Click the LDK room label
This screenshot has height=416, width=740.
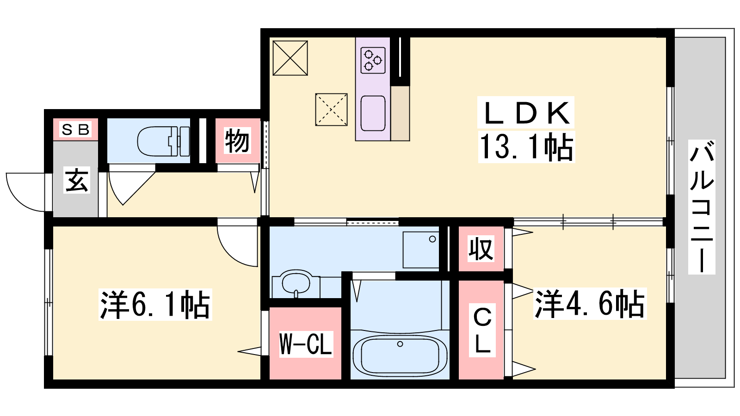click(526, 113)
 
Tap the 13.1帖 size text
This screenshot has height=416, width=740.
click(527, 147)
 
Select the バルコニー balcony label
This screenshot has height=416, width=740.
click(702, 208)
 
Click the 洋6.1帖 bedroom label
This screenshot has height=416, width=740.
click(155, 305)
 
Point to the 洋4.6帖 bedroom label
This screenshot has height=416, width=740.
click(590, 304)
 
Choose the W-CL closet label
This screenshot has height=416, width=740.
click(305, 344)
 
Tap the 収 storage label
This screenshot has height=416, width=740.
click(481, 249)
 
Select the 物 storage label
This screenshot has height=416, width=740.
click(237, 141)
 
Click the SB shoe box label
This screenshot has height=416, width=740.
click(76, 130)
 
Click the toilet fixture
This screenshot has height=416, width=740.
click(164, 141)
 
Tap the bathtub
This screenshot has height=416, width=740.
click(400, 356)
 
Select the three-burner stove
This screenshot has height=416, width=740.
click(373, 61)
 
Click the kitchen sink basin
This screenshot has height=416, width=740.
click(373, 113)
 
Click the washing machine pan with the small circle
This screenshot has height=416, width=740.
click(421, 250)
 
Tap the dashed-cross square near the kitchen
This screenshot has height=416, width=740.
click(331, 110)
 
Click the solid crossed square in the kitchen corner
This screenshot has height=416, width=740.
click(290, 58)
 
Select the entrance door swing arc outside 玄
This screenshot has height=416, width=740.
click(19, 201)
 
